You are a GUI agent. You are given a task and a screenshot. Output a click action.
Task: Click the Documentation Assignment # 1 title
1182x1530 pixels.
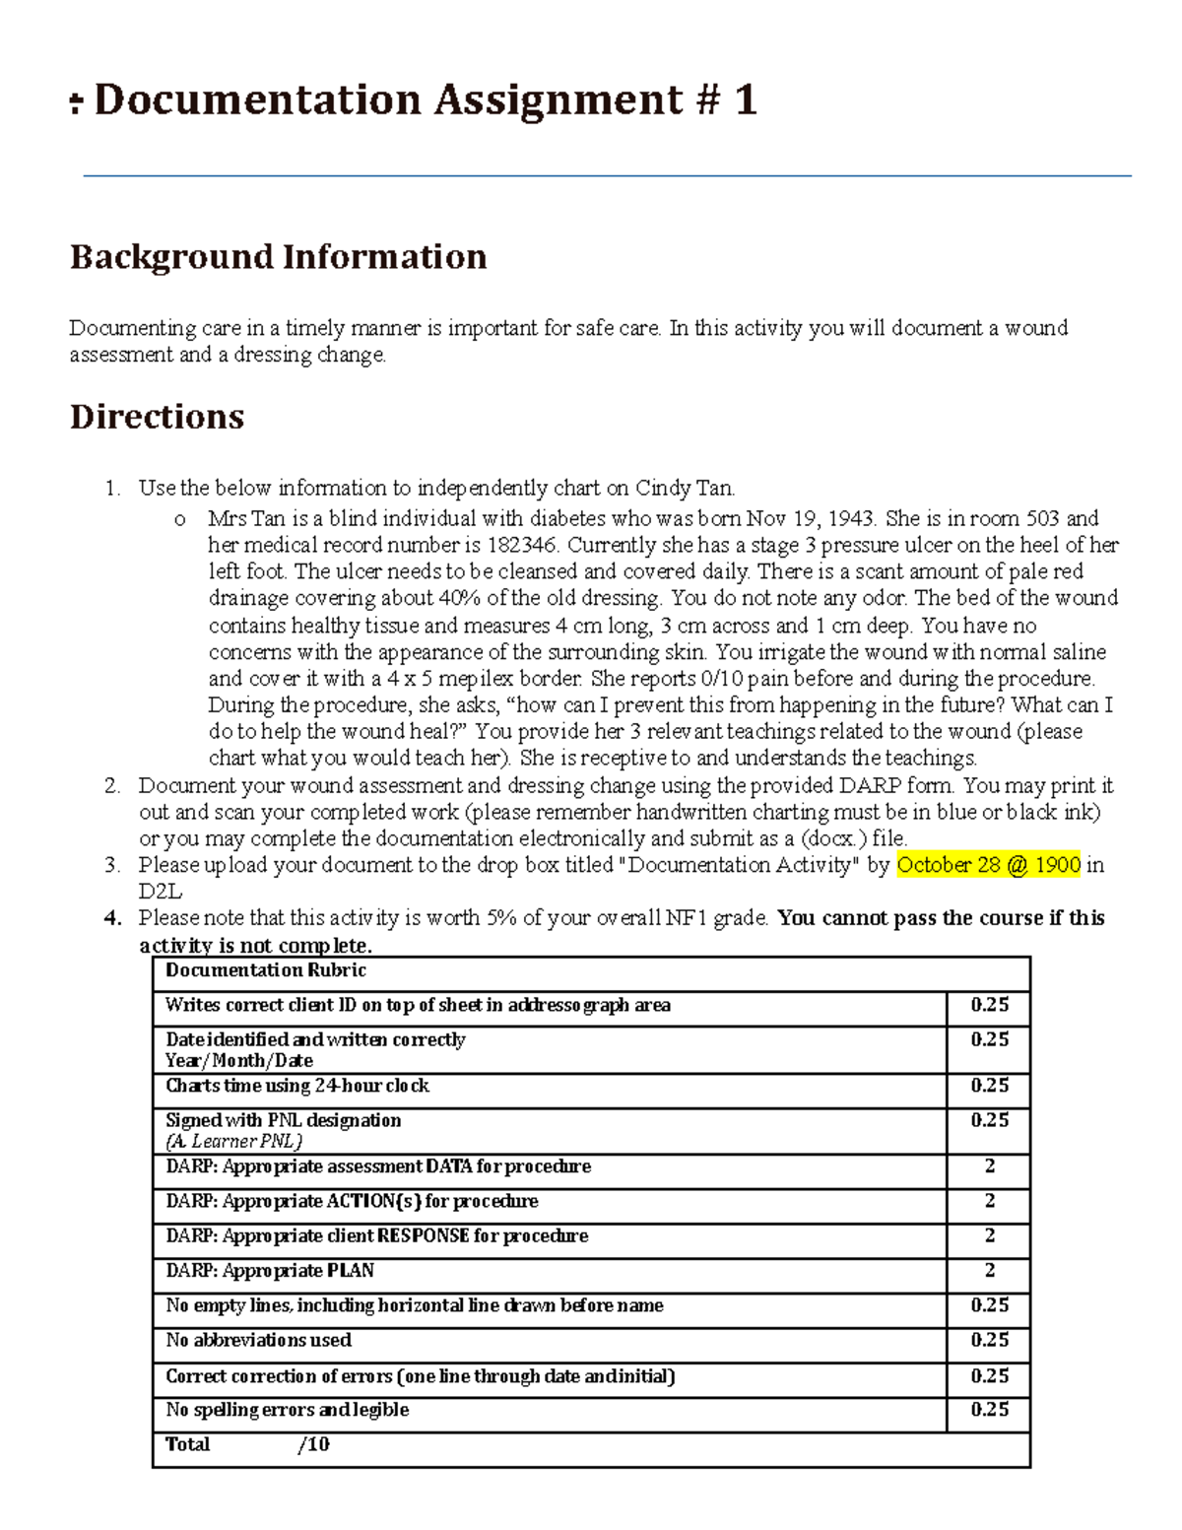coord(425,100)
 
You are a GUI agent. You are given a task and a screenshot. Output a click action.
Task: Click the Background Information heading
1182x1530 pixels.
coord(278,257)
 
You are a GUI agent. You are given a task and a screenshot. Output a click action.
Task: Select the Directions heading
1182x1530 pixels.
coord(157,417)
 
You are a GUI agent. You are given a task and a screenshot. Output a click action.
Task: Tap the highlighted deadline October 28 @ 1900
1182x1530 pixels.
coord(988,866)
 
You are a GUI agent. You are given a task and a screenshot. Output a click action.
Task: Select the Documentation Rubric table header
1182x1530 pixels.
coord(266,971)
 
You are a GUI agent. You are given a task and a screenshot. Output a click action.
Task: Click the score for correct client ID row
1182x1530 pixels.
coord(989,1006)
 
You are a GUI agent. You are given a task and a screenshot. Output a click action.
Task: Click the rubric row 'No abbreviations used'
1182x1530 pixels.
coord(258,1341)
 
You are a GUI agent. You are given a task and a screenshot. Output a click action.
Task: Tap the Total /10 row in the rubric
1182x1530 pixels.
coord(247,1445)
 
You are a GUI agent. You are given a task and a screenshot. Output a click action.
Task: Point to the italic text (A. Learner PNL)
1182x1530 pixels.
coord(233,1142)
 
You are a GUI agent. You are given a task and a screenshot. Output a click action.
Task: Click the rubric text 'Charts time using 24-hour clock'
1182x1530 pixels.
coord(297,1087)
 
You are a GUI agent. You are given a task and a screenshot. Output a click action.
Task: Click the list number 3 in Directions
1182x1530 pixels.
coord(112,866)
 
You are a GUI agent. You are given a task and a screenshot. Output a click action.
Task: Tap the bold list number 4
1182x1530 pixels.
coord(112,919)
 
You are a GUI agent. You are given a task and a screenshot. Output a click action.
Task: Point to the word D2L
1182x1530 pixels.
coord(160,893)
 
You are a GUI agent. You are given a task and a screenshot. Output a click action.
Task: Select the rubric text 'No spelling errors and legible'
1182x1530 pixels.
coord(287,1411)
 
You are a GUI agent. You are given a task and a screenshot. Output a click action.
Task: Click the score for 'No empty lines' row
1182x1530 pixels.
coord(989,1306)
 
